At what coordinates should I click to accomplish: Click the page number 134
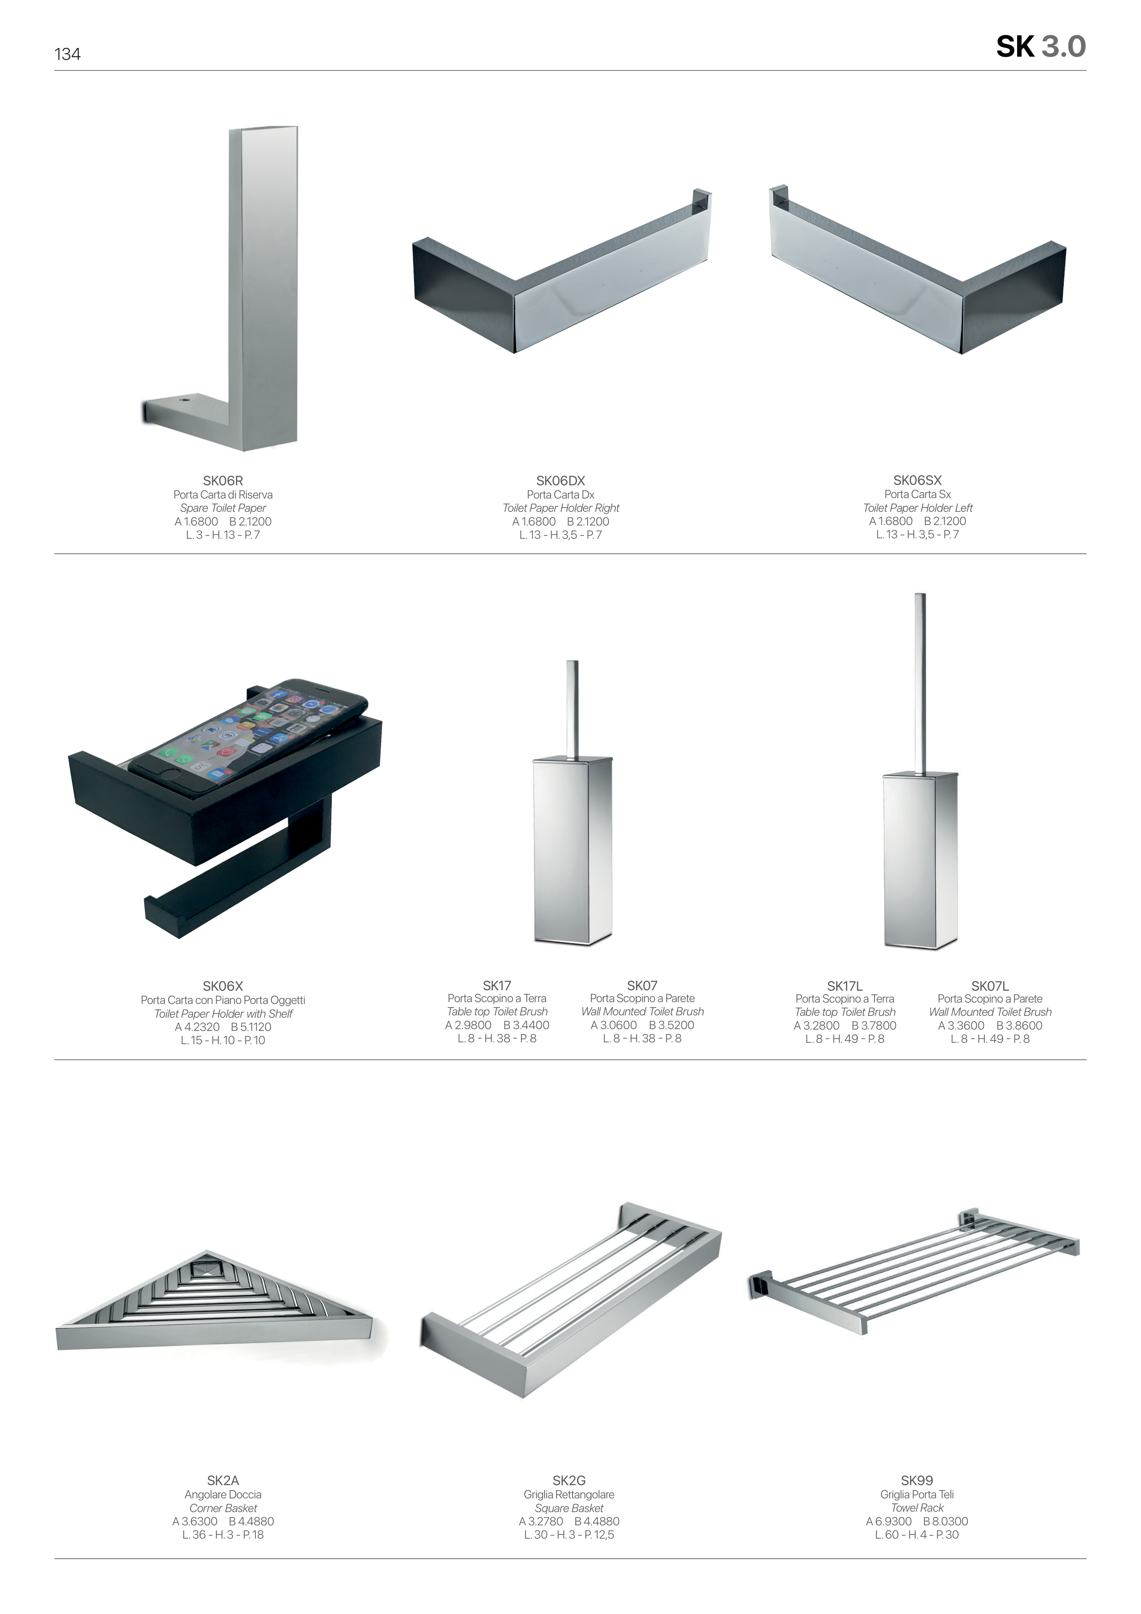[x=68, y=54]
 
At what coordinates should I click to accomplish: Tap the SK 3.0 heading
[x=1040, y=47]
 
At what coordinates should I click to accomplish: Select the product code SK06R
[x=223, y=481]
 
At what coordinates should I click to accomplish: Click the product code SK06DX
[x=560, y=481]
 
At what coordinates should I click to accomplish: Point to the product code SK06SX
[x=918, y=480]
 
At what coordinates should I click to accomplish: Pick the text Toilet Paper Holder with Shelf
[x=223, y=1013]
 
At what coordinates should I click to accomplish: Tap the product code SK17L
[x=844, y=986]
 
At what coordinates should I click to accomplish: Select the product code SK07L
[x=990, y=986]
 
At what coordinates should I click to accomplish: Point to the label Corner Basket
[x=223, y=1508]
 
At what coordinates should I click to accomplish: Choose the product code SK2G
[x=569, y=1481]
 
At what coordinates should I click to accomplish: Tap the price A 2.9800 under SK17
[x=468, y=1025]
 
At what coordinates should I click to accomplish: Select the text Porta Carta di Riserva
[x=223, y=494]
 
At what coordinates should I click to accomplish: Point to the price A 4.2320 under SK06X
[x=197, y=1026]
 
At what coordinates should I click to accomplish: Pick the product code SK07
[x=642, y=986]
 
